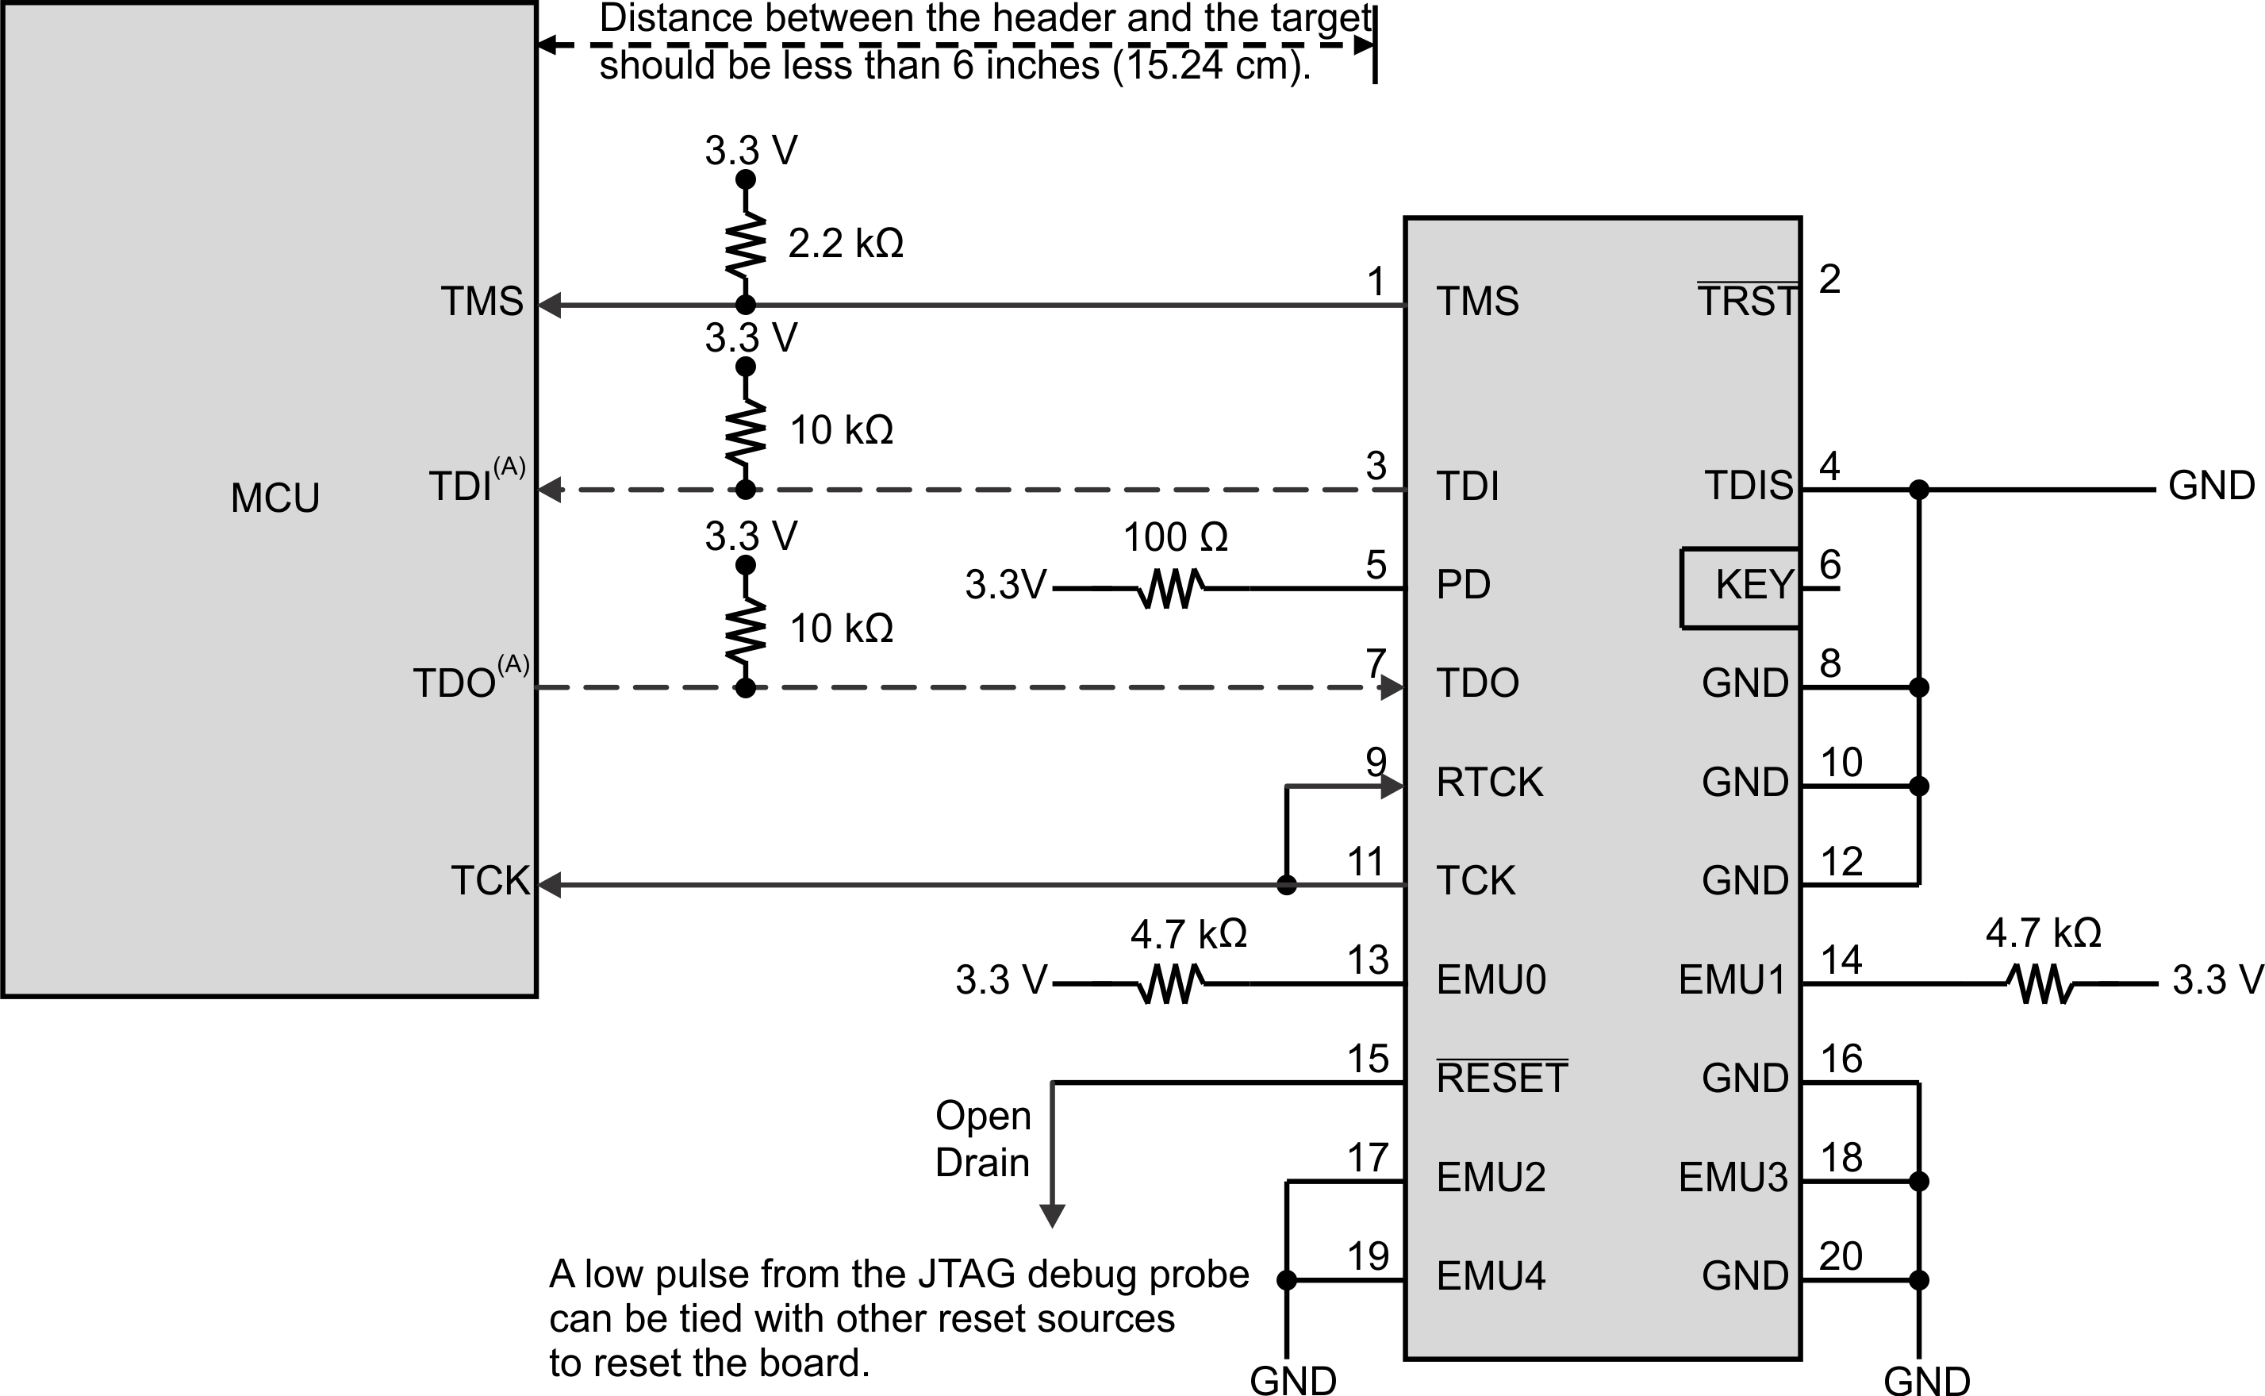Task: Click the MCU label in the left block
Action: point(275,498)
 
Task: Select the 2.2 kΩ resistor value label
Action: point(846,244)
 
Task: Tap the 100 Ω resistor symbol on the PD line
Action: point(1170,588)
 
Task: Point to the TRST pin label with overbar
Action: point(1747,301)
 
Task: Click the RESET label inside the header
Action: point(1502,1079)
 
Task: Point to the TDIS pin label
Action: point(1748,486)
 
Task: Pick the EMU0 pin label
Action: point(1491,980)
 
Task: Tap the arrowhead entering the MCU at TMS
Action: point(550,305)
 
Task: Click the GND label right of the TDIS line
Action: point(2210,486)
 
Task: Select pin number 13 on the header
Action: point(1368,960)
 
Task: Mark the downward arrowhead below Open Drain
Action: point(1052,1216)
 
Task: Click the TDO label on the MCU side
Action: point(454,684)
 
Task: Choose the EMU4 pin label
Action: point(1491,1277)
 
